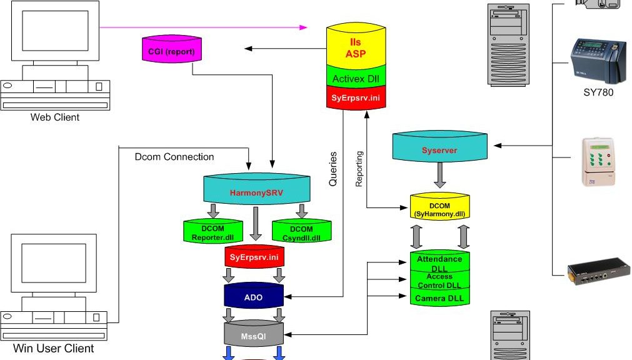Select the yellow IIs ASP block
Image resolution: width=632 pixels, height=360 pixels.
[356, 47]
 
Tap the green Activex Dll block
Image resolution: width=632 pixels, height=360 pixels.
[356, 78]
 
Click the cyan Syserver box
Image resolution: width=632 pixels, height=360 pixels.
[439, 151]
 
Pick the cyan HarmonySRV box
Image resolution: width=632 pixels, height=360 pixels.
[256, 192]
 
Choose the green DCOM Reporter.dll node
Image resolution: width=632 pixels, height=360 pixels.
[213, 233]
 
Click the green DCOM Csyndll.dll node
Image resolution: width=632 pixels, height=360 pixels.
[301, 233]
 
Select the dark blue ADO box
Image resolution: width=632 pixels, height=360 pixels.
[253, 297]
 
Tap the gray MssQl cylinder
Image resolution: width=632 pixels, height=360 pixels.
[254, 336]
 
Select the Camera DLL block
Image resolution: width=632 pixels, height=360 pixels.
[439, 298]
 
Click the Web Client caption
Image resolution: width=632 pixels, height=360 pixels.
[55, 117]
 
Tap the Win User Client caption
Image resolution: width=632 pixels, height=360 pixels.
[54, 348]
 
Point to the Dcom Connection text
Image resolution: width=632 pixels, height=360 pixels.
[174, 157]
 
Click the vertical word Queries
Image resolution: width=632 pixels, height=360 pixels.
[333, 169]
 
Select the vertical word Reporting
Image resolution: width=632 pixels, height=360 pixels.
[359, 169]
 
